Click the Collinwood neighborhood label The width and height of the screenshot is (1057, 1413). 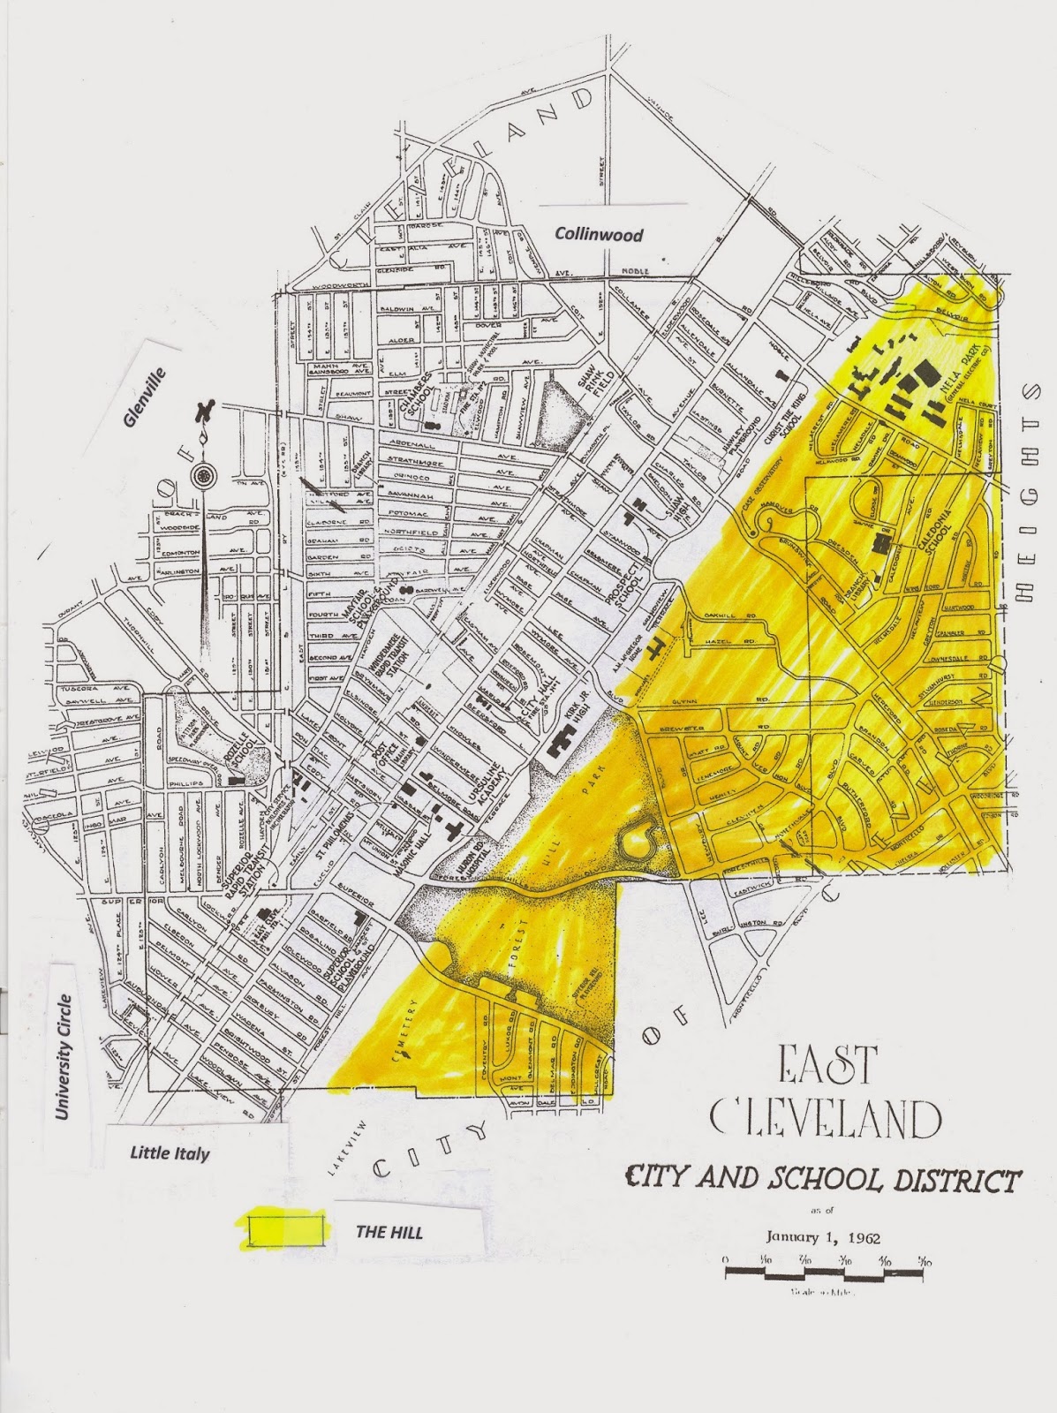click(599, 235)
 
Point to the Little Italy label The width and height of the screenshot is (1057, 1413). click(170, 1152)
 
